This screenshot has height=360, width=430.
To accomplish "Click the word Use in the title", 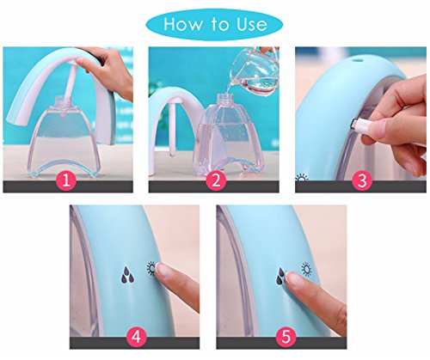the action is pyautogui.click(x=251, y=24).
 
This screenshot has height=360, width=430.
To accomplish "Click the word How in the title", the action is pyautogui.click(x=182, y=24).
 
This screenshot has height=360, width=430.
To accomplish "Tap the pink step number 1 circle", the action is pyautogui.click(x=66, y=180).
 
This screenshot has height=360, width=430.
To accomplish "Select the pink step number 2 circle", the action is pyautogui.click(x=216, y=180).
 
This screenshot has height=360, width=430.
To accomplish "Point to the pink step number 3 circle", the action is pyautogui.click(x=362, y=180).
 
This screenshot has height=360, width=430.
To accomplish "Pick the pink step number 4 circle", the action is pyautogui.click(x=136, y=337).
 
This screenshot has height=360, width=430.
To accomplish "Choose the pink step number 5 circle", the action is pyautogui.click(x=286, y=337).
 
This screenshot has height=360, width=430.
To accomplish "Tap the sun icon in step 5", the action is pyautogui.click(x=307, y=270).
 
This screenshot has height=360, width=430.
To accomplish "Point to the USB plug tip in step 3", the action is pyautogui.click(x=354, y=125).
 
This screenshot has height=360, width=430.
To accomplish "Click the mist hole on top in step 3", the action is pyautogui.click(x=358, y=60).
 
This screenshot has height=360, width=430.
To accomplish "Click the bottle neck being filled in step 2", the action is pyautogui.click(x=224, y=99).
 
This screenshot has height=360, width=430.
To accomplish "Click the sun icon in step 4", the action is pyautogui.click(x=150, y=269).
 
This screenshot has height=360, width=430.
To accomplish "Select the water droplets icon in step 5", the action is pyautogui.click(x=280, y=277).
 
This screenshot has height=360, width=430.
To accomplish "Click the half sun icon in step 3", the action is pyautogui.click(x=302, y=177).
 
